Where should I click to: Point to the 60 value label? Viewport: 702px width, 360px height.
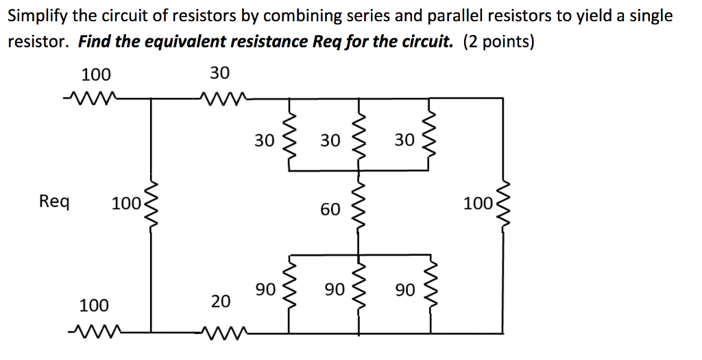click(330, 209)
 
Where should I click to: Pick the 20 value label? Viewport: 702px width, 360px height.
click(221, 301)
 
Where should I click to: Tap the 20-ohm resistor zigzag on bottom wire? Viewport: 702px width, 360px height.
click(221, 334)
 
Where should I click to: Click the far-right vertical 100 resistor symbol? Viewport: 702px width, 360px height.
click(506, 204)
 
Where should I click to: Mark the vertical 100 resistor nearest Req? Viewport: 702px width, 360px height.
click(150, 204)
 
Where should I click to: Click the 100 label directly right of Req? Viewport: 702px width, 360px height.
click(125, 204)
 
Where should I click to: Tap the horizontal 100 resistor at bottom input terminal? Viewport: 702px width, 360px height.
click(92, 334)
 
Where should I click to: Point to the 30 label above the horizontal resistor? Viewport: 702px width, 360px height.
click(220, 73)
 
